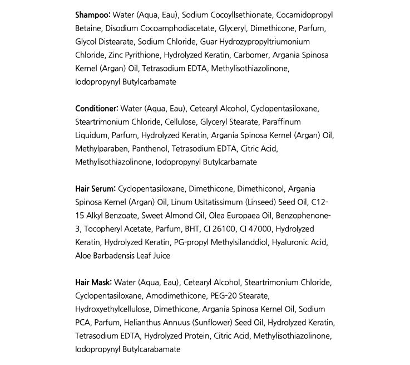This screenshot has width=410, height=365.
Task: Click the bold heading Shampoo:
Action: (93, 14)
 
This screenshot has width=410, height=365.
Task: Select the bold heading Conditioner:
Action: (97, 108)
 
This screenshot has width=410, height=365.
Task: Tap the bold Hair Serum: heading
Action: (96, 188)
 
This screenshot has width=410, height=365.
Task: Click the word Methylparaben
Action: (102, 148)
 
